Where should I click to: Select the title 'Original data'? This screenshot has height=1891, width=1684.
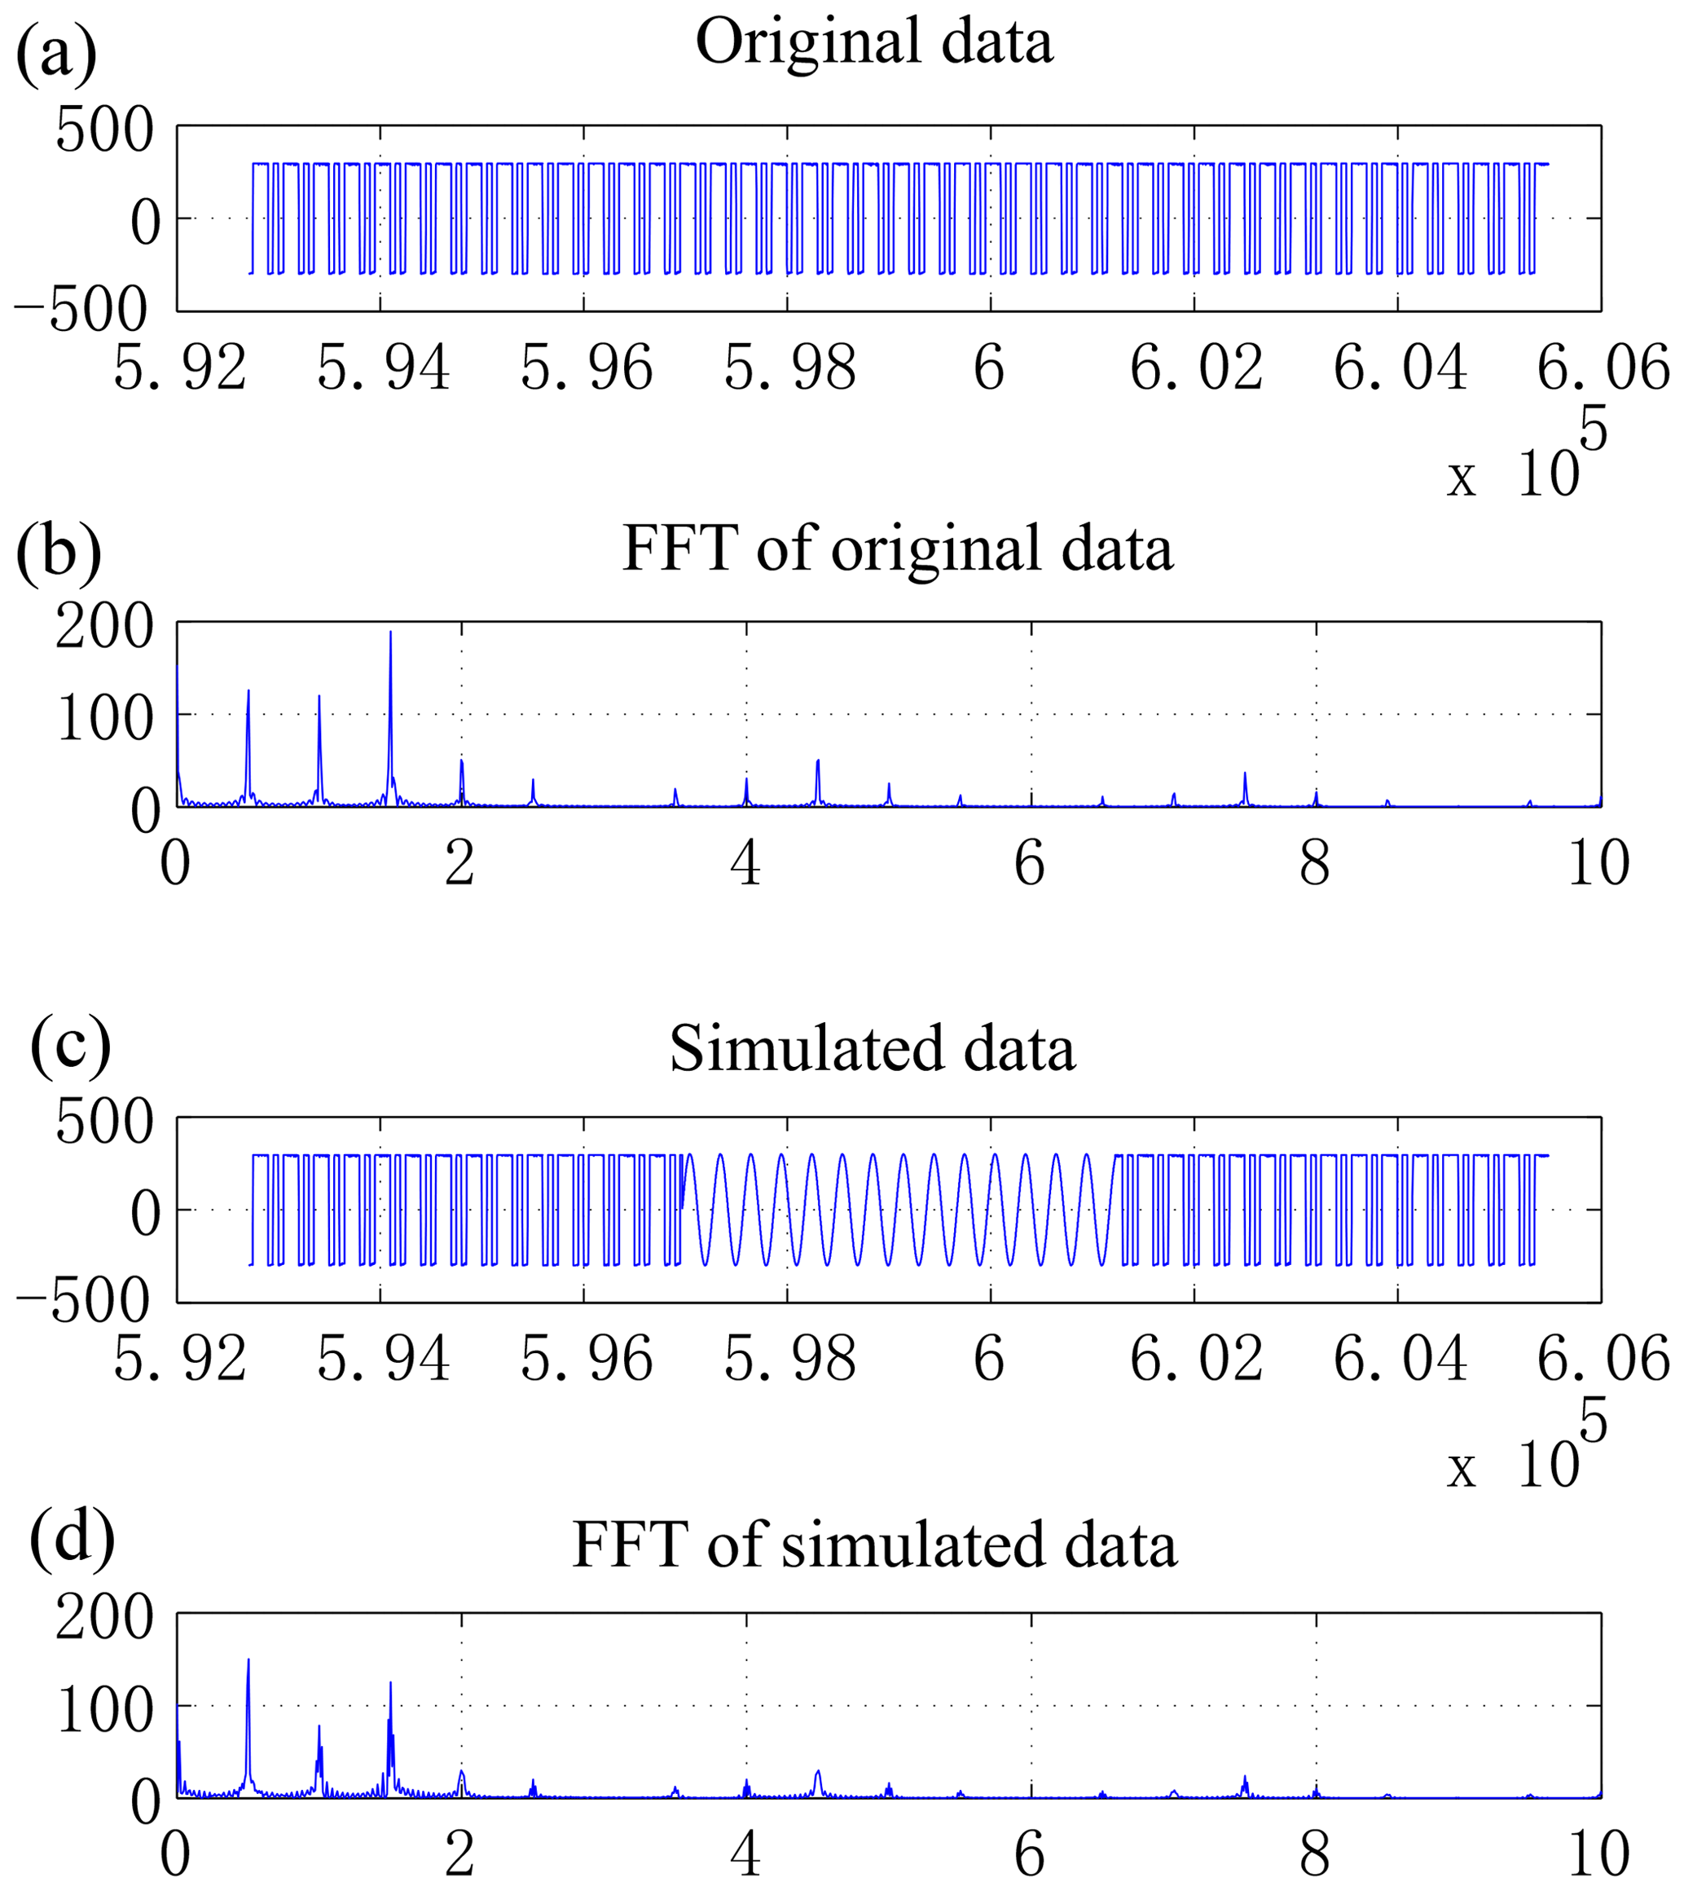[x=873, y=42]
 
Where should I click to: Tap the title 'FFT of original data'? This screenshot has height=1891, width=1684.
[x=898, y=548]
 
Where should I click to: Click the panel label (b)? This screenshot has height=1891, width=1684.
[x=57, y=553]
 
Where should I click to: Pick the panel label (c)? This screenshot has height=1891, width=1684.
[x=70, y=1047]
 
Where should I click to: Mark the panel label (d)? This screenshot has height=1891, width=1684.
[x=73, y=1541]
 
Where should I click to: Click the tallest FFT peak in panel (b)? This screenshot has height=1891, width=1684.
[x=390, y=633]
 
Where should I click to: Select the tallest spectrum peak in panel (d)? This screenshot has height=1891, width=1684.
[x=248, y=1660]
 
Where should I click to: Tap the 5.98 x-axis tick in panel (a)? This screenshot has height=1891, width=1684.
[x=789, y=368]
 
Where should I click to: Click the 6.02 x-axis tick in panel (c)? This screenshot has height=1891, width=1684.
[x=1195, y=1360]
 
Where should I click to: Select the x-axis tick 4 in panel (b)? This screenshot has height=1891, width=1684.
[x=745, y=864]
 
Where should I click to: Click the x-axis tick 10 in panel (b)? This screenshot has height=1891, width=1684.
[x=1598, y=864]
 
